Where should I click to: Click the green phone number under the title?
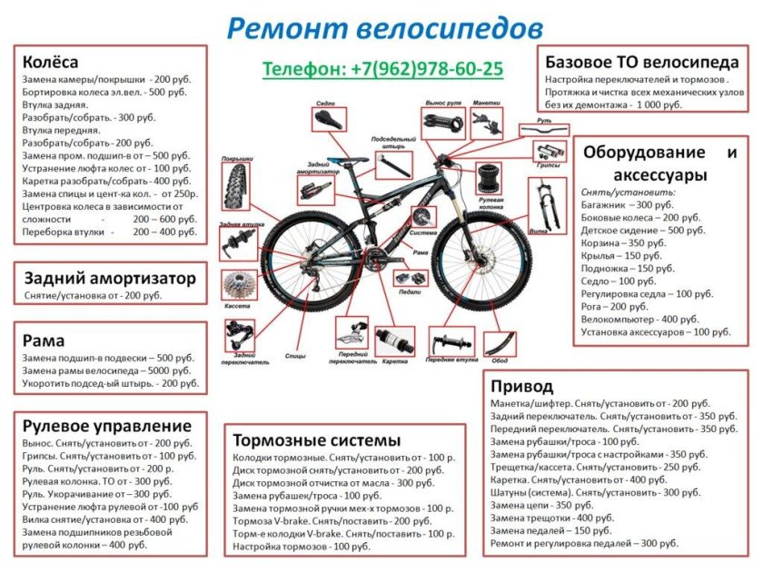click(x=382, y=69)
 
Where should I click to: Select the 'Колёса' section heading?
click(x=50, y=63)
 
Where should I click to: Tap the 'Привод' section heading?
click(x=521, y=385)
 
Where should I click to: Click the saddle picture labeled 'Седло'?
click(x=326, y=120)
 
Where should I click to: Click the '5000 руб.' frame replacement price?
click(x=166, y=370)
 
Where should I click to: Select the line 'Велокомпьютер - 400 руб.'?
click(x=640, y=320)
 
